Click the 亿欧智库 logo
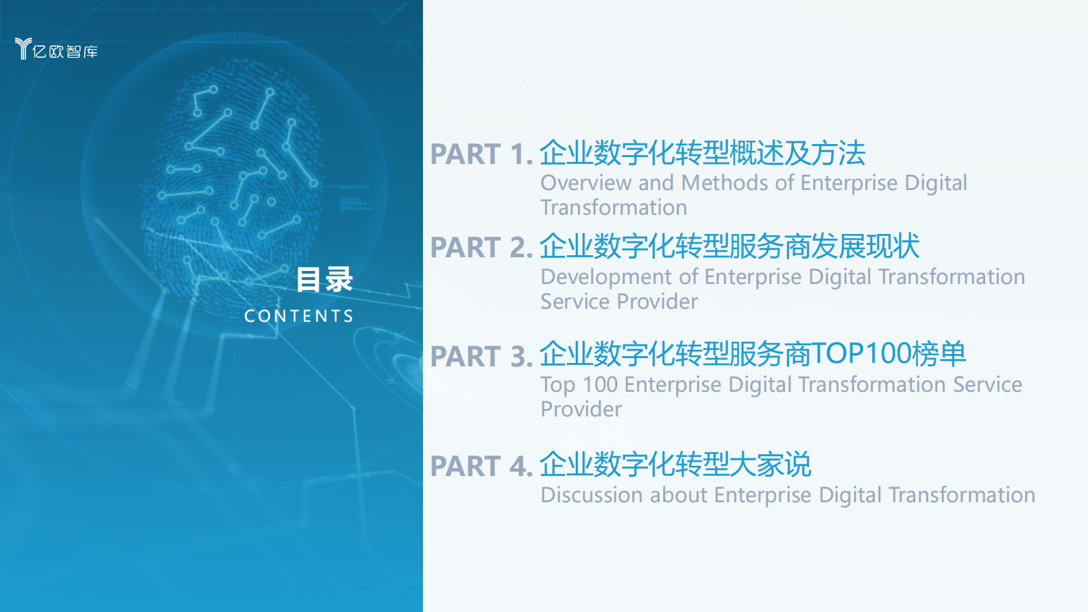pos(56,49)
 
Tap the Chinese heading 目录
pos(324,280)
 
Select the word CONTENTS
pos(299,316)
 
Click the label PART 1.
pos(481,154)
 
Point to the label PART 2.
pos(481,248)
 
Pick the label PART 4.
pos(481,467)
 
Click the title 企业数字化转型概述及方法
pos(702,153)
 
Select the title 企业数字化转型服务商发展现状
pos(729,246)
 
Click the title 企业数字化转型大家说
pos(675,464)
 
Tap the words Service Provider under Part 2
pos(619,302)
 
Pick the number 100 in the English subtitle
pos(600,385)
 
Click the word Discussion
pos(592,495)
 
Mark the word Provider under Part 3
pos(581,410)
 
